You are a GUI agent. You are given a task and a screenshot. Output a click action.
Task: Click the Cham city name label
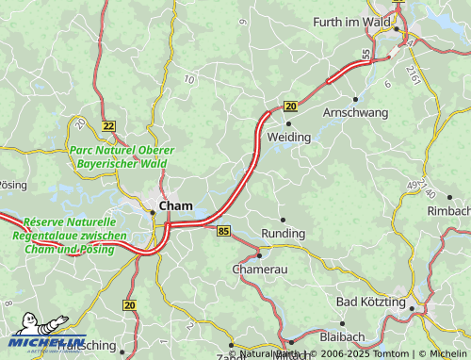(x=176, y=205)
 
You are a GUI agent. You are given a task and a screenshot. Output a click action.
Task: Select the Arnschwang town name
(x=355, y=112)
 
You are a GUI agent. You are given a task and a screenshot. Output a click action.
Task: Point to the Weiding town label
(x=288, y=138)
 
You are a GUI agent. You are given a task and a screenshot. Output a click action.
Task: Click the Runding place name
(x=283, y=233)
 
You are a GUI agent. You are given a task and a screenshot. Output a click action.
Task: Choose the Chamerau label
(x=259, y=269)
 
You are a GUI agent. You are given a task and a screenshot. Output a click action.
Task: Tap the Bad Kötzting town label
(x=370, y=302)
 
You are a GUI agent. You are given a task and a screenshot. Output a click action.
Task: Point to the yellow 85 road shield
(x=223, y=231)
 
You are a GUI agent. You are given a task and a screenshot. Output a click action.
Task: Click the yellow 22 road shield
(x=109, y=126)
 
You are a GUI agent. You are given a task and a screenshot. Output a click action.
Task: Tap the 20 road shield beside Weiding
(x=290, y=106)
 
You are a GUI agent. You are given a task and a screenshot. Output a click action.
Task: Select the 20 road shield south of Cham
(x=129, y=304)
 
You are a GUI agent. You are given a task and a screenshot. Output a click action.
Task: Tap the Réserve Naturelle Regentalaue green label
(x=65, y=236)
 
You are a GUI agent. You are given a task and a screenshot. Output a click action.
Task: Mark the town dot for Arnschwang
(x=355, y=98)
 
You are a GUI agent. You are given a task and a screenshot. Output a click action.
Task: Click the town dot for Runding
(x=283, y=220)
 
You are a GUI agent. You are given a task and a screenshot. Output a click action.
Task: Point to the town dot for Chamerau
(x=259, y=254)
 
